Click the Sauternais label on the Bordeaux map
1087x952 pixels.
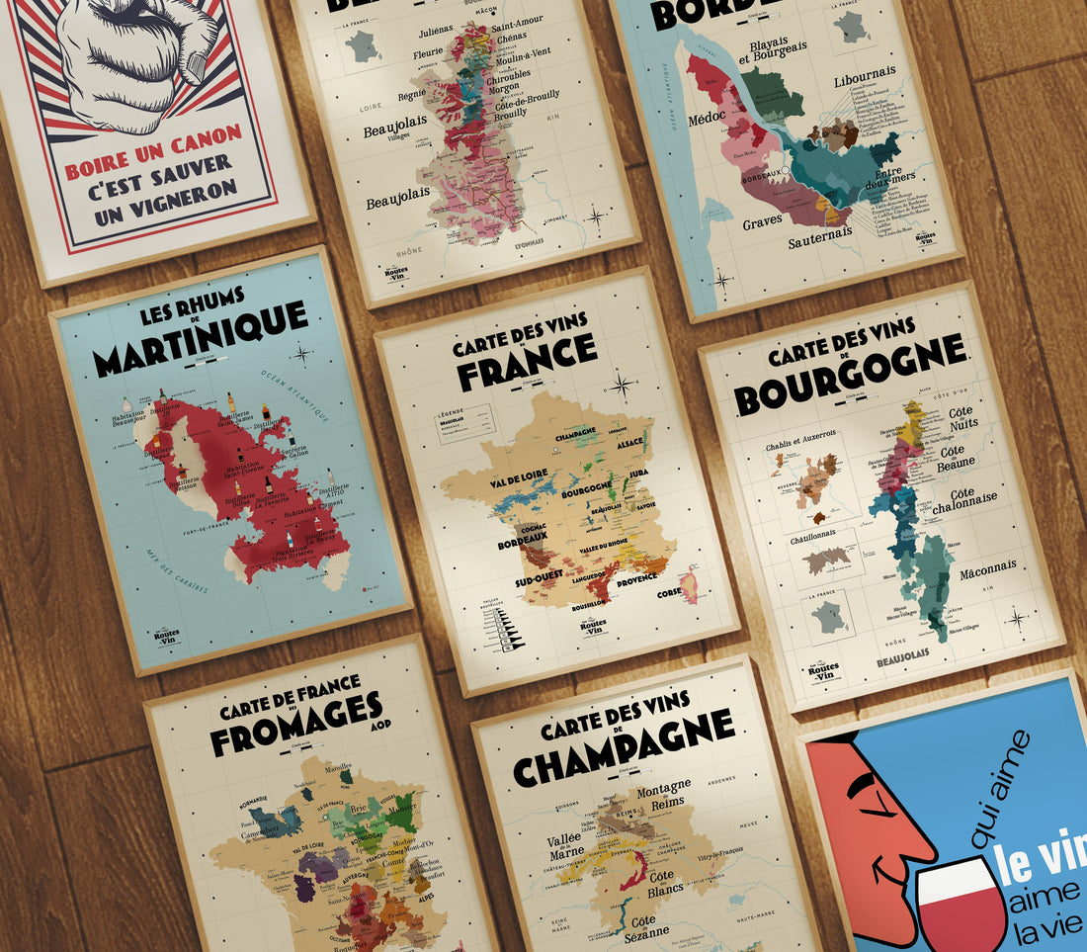[820, 240]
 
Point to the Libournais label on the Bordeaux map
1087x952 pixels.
[864, 73]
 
